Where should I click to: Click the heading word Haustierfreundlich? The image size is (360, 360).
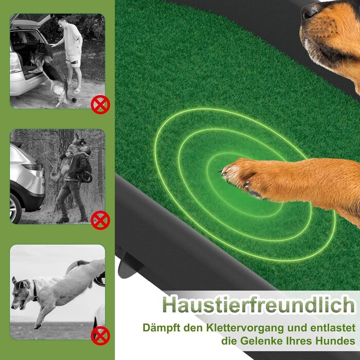(x=259, y=305)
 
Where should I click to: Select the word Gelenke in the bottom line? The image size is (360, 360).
(x=260, y=340)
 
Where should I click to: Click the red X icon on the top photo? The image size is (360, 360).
(x=100, y=105)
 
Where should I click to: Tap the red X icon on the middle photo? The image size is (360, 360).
(x=100, y=220)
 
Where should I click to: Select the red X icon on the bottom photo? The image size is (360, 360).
(x=100, y=336)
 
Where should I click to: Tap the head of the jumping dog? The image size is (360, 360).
(x=21, y=292)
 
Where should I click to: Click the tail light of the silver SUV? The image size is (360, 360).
(x=34, y=167)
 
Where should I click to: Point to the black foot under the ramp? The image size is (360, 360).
(x=129, y=266)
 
